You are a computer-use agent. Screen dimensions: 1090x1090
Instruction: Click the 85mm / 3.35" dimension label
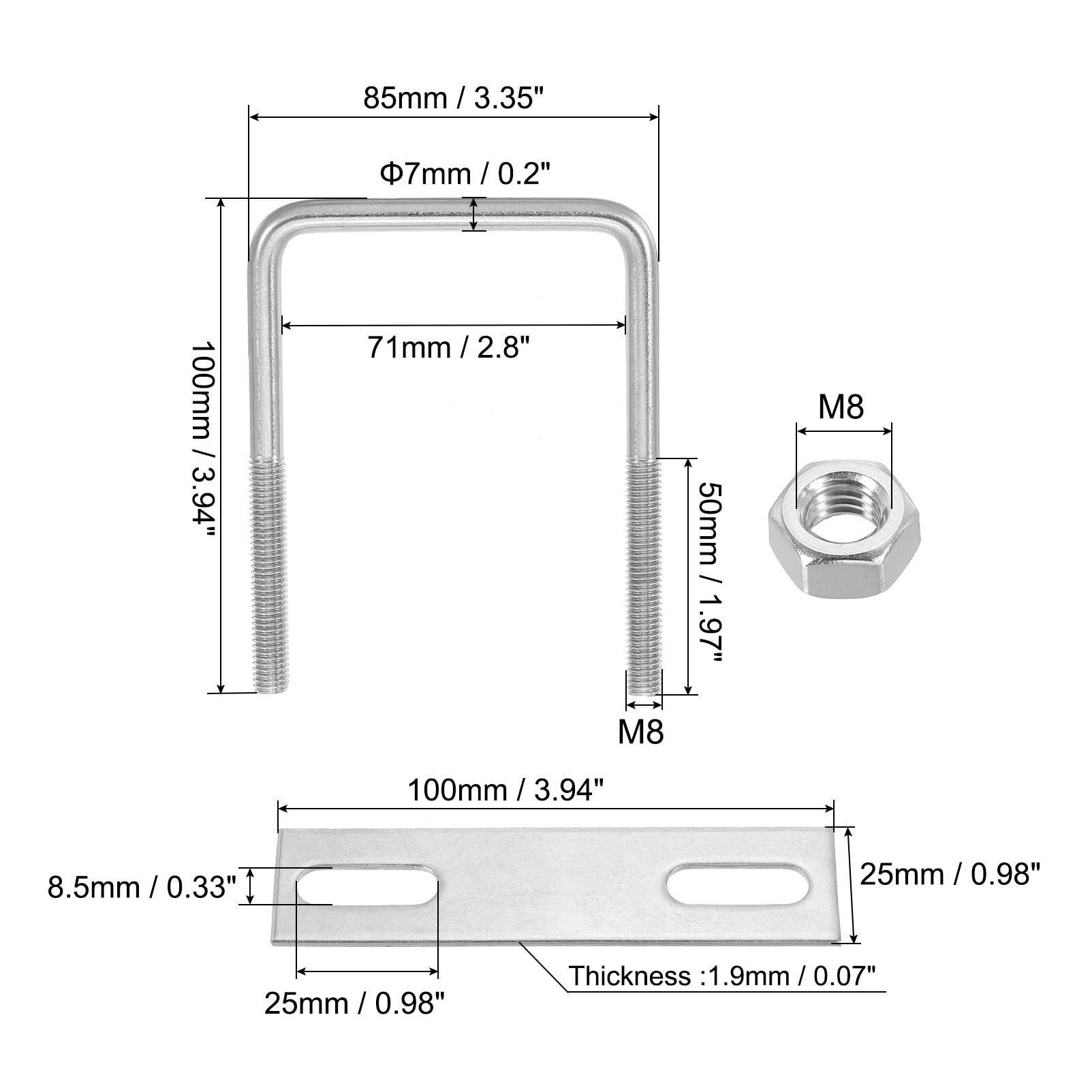(x=453, y=98)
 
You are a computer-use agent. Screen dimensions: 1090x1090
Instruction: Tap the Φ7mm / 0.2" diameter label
(x=465, y=174)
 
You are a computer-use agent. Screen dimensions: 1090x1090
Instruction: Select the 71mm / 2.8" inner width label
(x=448, y=347)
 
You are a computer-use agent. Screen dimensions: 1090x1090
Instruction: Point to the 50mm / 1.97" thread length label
(x=708, y=572)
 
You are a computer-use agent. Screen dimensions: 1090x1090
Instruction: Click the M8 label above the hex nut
(x=841, y=407)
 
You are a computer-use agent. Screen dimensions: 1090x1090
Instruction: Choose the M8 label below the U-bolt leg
(x=640, y=732)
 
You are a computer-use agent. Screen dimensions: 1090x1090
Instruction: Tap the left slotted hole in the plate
(x=367, y=886)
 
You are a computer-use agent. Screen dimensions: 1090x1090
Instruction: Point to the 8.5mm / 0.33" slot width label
(x=142, y=887)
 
